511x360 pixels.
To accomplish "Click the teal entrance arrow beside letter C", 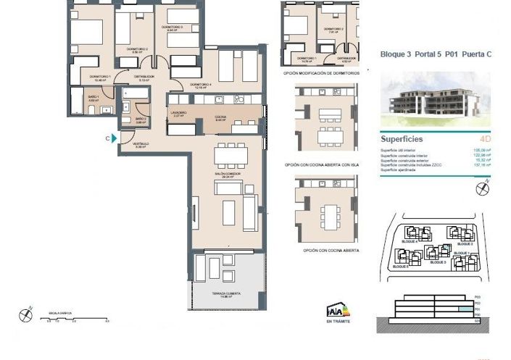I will point(115,138).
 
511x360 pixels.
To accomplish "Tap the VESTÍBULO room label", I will point(141,144).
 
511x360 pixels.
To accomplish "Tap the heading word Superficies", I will point(402,139).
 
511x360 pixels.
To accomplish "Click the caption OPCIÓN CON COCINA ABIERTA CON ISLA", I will point(322,165).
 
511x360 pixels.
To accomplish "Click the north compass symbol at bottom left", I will point(27,314).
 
